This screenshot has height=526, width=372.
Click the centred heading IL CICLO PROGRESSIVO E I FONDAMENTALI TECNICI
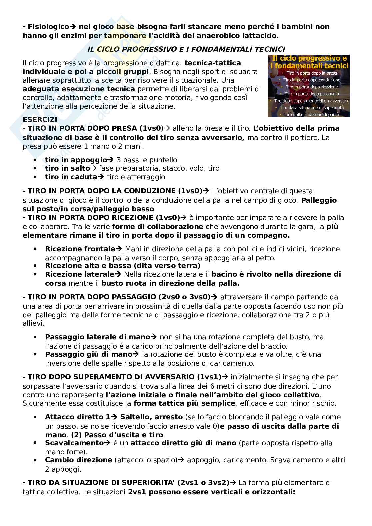(x=186, y=49)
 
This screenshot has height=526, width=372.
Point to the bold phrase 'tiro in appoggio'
(x=76, y=160)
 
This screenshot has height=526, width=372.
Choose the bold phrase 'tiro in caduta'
(x=71, y=177)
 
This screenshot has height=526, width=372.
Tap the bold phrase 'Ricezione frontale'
(x=80, y=249)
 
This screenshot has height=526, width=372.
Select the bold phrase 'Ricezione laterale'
(x=79, y=274)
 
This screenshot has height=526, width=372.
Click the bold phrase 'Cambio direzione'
(x=78, y=460)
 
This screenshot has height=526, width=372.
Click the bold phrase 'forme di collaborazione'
(x=158, y=227)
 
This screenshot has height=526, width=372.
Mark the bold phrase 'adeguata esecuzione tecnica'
(x=79, y=89)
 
